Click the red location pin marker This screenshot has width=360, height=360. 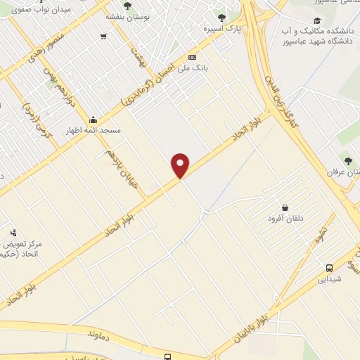click(181, 165)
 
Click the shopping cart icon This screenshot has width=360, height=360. click(103, 36)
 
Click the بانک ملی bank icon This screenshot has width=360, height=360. click(192, 58)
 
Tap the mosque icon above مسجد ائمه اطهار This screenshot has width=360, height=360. click(94, 119)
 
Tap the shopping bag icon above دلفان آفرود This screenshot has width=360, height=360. click(285, 207)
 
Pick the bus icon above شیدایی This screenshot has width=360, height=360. click(329, 267)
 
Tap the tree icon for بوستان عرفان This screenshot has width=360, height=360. click(346, 160)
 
